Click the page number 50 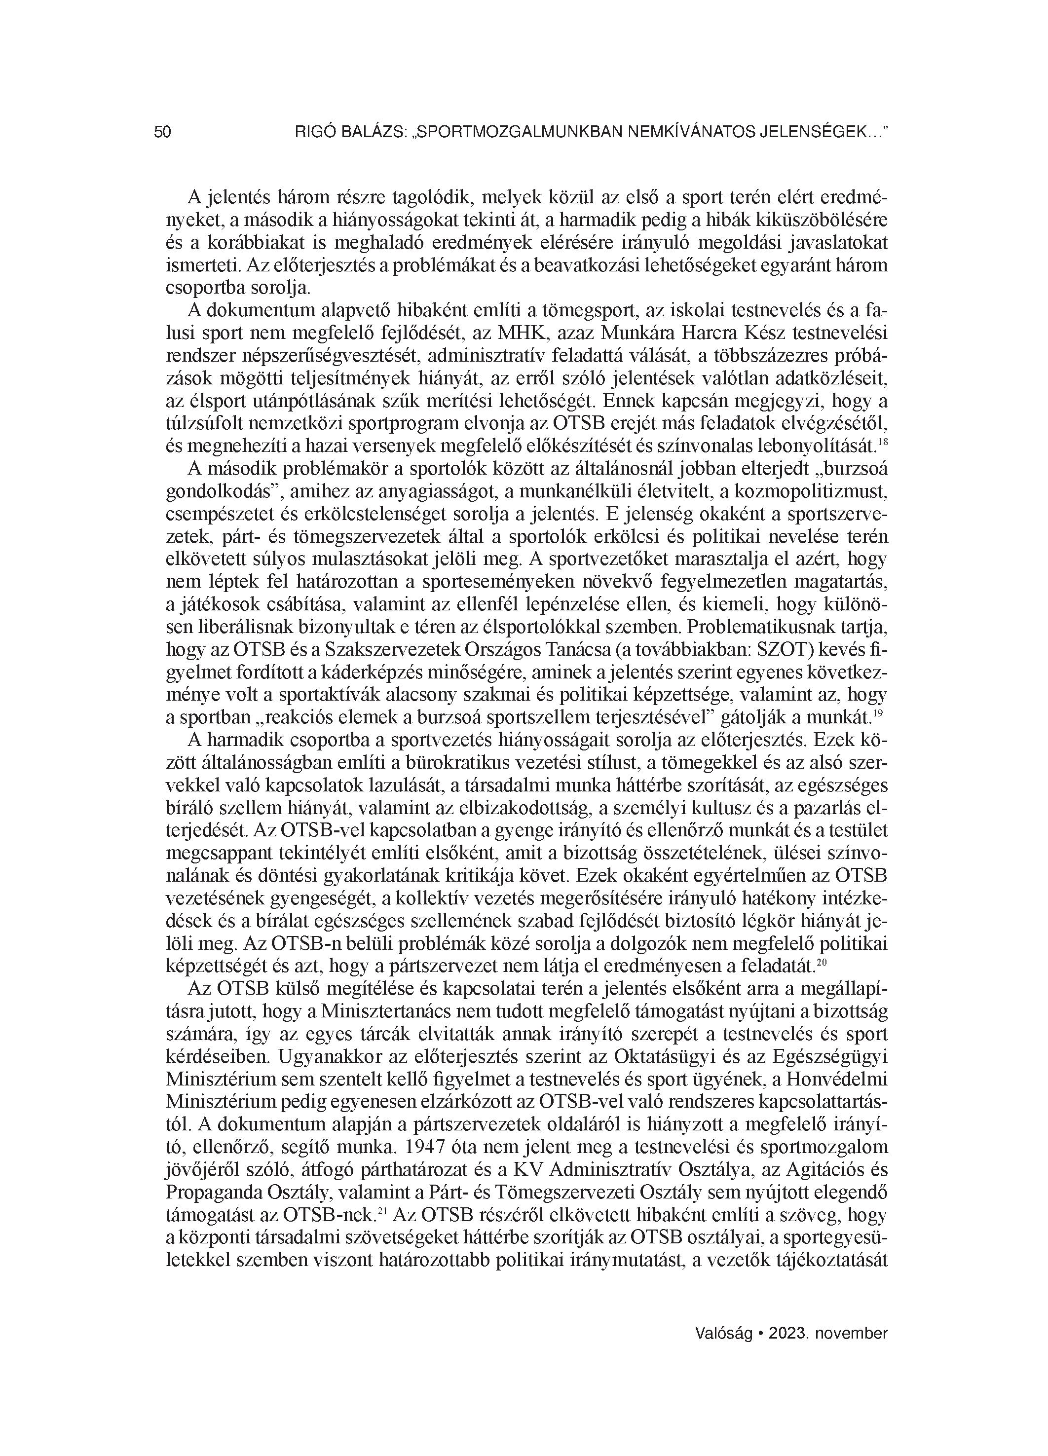point(162,132)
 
